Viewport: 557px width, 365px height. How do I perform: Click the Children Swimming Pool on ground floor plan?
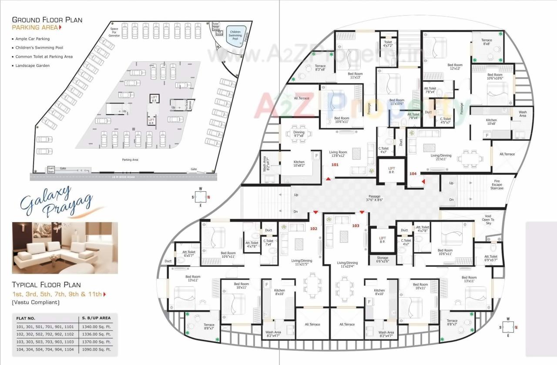[x=235, y=35]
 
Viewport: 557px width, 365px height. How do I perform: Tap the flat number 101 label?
[x=335, y=165]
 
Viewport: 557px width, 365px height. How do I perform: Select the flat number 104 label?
[x=413, y=173]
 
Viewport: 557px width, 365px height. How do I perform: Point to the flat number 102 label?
[x=314, y=228]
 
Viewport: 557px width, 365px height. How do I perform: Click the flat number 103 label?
[x=356, y=226]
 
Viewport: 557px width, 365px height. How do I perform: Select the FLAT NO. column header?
[x=26, y=318]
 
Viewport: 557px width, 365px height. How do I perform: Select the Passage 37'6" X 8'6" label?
[x=377, y=199]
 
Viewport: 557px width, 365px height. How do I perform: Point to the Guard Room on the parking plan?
[x=51, y=169]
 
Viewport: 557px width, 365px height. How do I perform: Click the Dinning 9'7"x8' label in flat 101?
[x=299, y=134]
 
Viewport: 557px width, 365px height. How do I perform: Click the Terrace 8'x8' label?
[x=487, y=42]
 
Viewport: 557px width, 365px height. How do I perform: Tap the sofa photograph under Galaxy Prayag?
[x=65, y=248]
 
